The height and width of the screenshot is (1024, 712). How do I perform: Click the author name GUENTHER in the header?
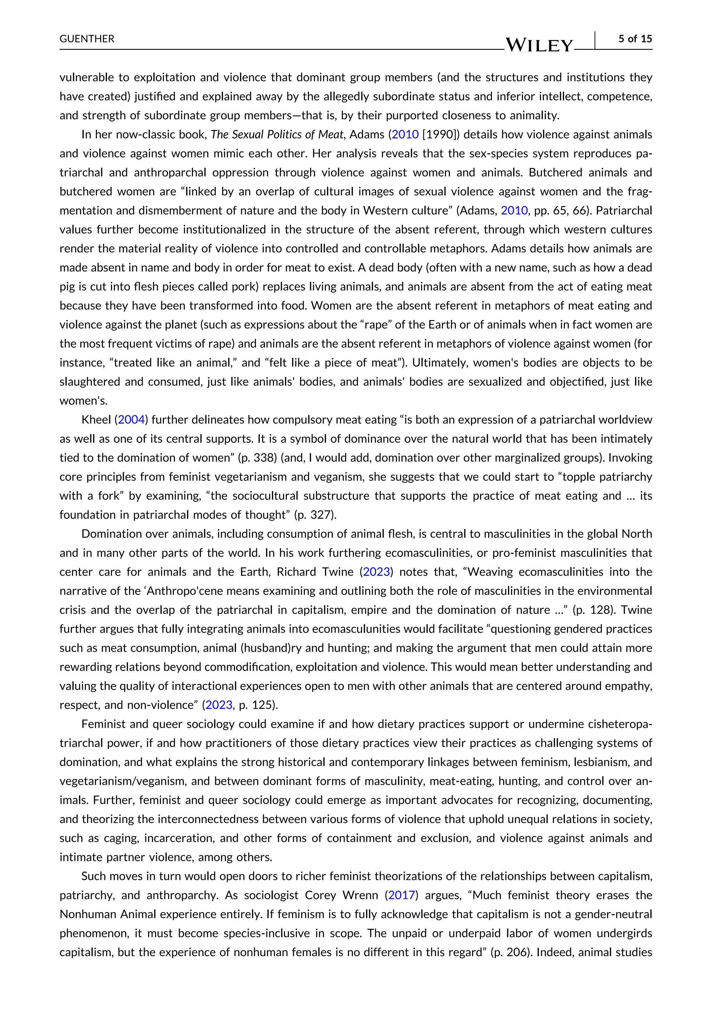click(x=87, y=39)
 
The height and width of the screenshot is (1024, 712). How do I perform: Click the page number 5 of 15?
click(x=635, y=39)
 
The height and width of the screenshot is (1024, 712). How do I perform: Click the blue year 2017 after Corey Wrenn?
click(x=402, y=895)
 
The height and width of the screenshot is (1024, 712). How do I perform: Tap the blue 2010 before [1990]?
click(x=405, y=134)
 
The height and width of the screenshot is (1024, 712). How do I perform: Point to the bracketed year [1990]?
click(x=441, y=134)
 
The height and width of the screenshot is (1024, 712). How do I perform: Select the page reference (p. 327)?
click(x=315, y=515)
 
